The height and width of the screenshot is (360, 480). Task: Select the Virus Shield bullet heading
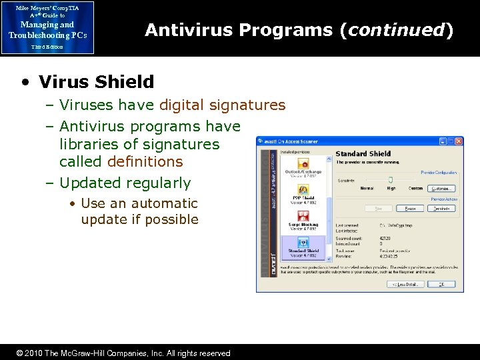96,82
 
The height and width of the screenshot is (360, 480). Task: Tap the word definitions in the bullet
121,161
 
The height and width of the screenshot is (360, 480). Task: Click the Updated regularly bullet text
125,183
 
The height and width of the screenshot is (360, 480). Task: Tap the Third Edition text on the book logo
47,47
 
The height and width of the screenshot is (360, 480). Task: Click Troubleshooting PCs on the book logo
47,35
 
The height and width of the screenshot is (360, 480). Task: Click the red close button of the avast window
459,141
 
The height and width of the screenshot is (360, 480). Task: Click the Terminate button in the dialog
441,209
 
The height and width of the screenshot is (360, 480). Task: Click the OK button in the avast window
441,284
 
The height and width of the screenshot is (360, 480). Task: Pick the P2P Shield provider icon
303,189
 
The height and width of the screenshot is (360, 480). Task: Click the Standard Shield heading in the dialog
363,154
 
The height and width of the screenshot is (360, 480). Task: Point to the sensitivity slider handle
391,179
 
